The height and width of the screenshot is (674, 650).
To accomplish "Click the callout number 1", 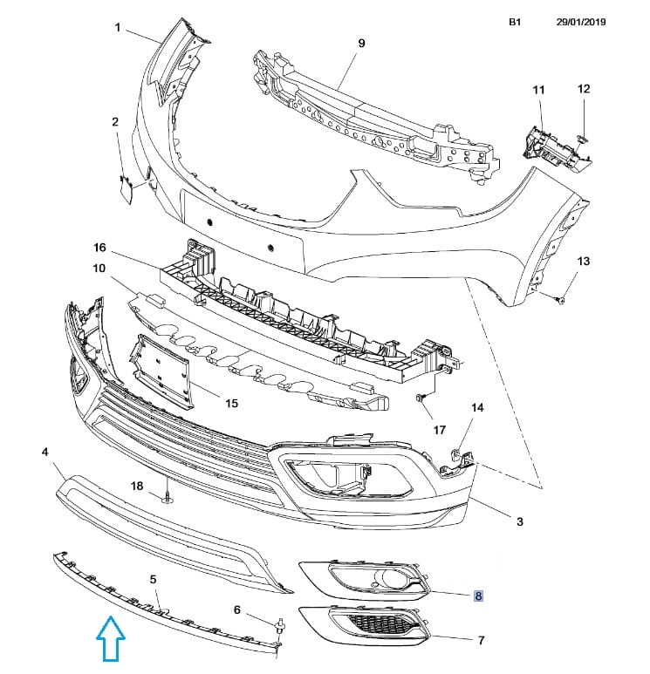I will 117,28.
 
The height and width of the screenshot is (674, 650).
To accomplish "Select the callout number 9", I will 360,42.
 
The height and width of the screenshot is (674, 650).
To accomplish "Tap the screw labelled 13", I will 559,298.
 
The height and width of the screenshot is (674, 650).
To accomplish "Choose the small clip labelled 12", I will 584,137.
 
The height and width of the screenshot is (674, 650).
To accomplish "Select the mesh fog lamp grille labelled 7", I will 366,626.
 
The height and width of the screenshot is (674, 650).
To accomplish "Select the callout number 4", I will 44,452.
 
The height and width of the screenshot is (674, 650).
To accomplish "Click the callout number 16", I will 99,247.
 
